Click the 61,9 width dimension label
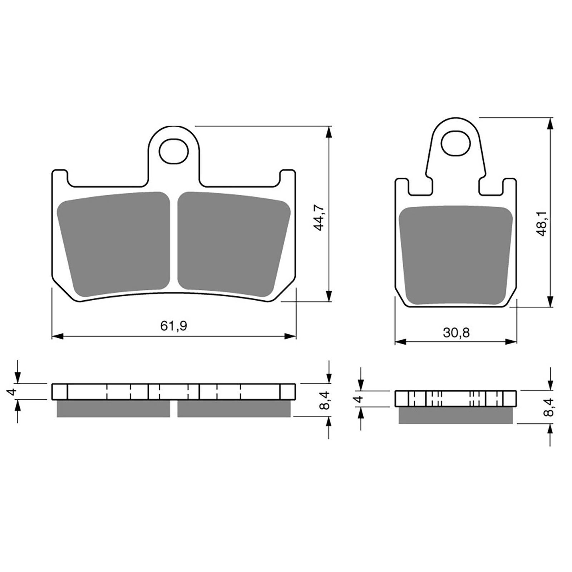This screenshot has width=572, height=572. [174, 326]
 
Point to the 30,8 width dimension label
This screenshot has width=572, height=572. [456, 333]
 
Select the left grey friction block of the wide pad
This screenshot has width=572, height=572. [113, 245]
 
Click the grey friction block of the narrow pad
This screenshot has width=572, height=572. [456, 256]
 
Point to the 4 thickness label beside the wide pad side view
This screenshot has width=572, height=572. [13, 392]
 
